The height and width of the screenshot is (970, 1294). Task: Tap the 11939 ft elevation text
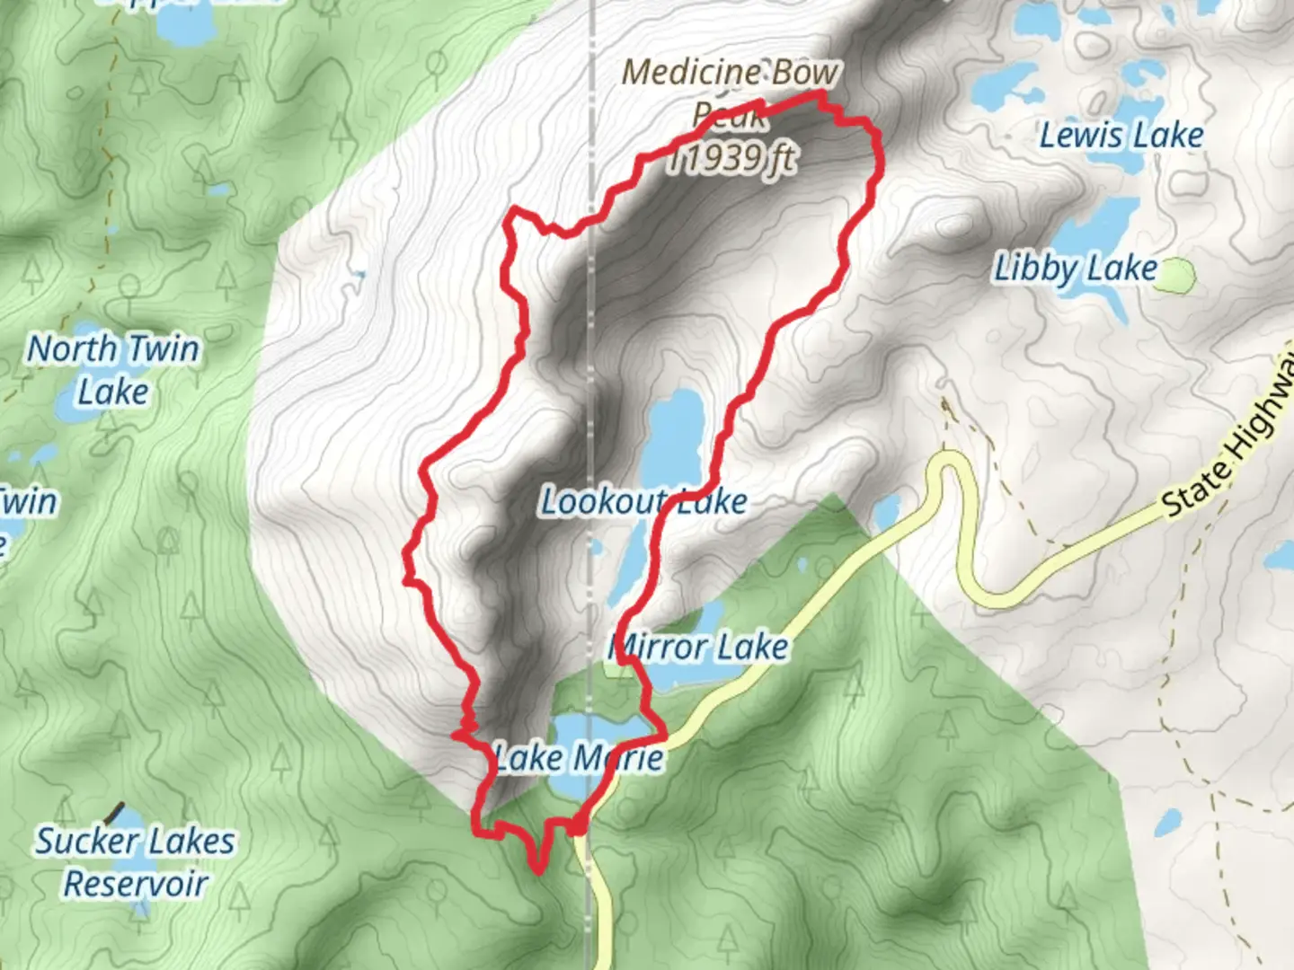point(732,159)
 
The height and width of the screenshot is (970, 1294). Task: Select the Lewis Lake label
point(1121,136)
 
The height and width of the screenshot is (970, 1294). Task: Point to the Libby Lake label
point(1075,269)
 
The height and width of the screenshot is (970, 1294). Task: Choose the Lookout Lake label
point(643,501)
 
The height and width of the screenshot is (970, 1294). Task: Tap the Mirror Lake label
point(699,647)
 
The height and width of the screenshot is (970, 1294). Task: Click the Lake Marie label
point(580,758)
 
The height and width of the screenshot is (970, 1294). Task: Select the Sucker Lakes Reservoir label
point(136,862)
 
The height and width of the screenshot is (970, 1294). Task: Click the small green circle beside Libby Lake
point(1175,277)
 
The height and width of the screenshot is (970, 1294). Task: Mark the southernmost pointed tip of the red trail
point(537,869)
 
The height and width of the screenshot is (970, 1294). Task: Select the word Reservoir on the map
point(136,884)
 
